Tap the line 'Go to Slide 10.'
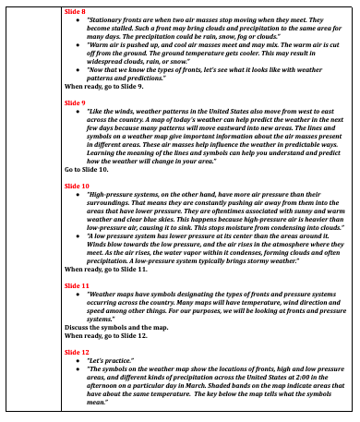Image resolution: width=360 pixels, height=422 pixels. pos(87,171)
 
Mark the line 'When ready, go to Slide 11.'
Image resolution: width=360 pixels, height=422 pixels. pos(101,269)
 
